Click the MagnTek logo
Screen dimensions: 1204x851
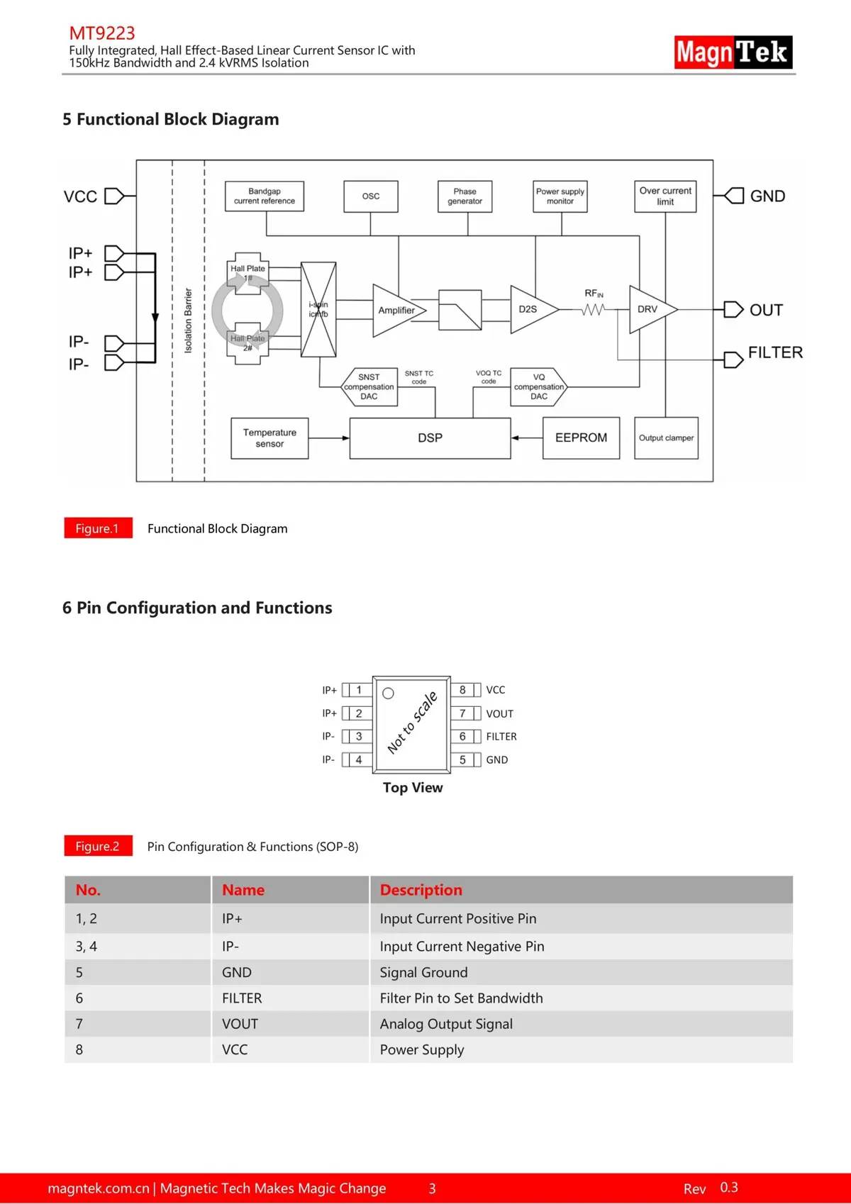pyautogui.click(x=733, y=52)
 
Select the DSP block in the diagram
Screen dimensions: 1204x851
pyautogui.click(x=430, y=438)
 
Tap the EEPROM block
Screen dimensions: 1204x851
pyautogui.click(x=581, y=438)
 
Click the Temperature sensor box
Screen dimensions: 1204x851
pyautogui.click(x=269, y=438)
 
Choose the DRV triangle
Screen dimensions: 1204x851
pyautogui.click(x=649, y=310)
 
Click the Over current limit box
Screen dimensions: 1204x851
pyautogui.click(x=665, y=196)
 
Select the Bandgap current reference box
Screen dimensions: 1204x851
pyautogui.click(x=265, y=196)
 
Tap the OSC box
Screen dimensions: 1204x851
pyautogui.click(x=371, y=196)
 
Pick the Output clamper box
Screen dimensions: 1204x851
pyautogui.click(x=666, y=438)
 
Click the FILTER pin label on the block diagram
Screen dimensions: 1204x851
pyautogui.click(x=775, y=352)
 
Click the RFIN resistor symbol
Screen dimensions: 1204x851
pyautogui.click(x=594, y=309)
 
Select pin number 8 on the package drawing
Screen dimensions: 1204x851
pyautogui.click(x=462, y=690)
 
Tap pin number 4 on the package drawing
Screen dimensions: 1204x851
pyautogui.click(x=359, y=759)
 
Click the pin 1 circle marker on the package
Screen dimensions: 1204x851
pyautogui.click(x=388, y=693)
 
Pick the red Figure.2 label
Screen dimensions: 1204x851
pyautogui.click(x=98, y=846)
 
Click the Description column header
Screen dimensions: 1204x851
pyautogui.click(x=421, y=890)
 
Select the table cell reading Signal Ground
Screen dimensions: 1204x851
pyautogui.click(x=423, y=972)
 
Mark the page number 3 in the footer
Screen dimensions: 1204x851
pyautogui.click(x=432, y=1188)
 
